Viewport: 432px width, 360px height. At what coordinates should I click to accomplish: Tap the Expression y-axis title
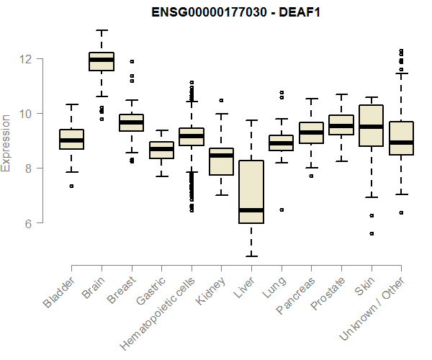click(x=7, y=143)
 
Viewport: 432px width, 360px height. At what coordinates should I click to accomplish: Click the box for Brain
click(x=102, y=61)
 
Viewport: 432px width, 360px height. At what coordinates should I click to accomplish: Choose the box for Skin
click(x=371, y=126)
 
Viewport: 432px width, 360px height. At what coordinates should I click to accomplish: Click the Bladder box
click(x=71, y=140)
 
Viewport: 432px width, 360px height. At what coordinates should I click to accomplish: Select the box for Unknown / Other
click(x=401, y=138)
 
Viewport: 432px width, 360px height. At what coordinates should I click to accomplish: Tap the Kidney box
click(x=221, y=161)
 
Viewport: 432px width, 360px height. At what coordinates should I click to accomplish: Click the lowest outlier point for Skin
click(x=372, y=233)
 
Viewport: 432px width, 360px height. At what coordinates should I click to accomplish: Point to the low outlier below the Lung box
click(x=282, y=210)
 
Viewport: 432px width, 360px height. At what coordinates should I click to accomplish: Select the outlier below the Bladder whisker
click(x=71, y=186)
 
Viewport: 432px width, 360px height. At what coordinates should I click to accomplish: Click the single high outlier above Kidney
click(x=221, y=100)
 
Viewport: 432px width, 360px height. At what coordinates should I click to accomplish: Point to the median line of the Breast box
click(x=131, y=122)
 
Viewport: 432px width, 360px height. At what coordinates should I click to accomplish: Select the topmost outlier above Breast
click(x=131, y=61)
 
